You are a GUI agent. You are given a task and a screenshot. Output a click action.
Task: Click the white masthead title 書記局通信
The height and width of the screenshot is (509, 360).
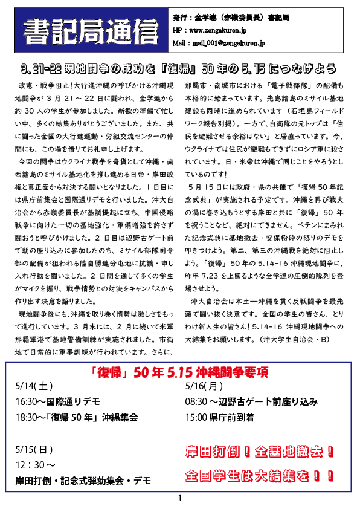click(91, 31)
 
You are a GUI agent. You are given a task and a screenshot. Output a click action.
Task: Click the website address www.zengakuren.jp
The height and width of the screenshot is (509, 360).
click(217, 30)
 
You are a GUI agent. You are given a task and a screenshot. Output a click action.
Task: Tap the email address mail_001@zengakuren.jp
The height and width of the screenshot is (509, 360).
click(228, 43)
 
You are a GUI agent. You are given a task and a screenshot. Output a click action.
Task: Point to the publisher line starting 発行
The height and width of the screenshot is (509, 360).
click(231, 18)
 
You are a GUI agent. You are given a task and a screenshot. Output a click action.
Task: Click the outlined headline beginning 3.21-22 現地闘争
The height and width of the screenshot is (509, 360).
click(179, 68)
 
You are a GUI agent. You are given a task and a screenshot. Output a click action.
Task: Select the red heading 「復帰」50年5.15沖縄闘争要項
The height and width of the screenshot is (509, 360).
click(179, 372)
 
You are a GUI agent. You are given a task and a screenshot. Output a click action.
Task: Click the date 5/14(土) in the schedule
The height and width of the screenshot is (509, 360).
click(34, 386)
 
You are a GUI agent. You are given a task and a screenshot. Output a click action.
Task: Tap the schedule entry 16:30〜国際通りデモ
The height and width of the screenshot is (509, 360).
click(58, 401)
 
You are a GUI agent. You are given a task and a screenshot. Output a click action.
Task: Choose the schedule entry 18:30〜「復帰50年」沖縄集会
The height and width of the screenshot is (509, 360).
click(77, 417)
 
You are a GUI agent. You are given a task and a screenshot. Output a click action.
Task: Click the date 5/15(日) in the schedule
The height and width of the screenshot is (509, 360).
click(34, 450)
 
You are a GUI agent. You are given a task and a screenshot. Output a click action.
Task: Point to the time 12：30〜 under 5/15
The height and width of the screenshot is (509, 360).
click(36, 465)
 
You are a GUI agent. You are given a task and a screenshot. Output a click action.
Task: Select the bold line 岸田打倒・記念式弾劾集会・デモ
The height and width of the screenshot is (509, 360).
click(83, 481)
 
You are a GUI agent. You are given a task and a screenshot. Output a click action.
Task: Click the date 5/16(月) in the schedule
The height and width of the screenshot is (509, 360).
click(204, 386)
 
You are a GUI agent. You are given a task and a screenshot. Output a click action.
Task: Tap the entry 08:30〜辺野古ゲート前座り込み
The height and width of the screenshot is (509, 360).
click(251, 401)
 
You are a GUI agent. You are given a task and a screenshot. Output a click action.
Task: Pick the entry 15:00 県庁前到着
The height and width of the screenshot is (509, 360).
click(220, 417)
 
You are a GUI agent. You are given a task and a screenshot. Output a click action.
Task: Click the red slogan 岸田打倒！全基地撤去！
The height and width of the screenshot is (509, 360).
click(260, 452)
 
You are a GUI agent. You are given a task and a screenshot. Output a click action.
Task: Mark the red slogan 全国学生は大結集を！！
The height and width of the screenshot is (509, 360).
click(260, 476)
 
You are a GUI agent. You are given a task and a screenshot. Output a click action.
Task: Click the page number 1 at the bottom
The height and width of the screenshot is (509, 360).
click(180, 498)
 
